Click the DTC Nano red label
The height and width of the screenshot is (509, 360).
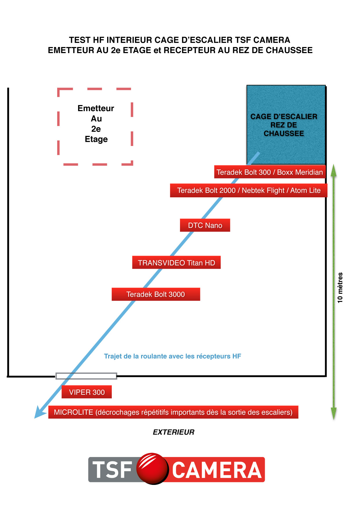point(205,225)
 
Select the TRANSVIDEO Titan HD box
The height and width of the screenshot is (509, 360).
point(176,262)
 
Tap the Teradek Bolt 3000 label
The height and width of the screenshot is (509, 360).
point(156,294)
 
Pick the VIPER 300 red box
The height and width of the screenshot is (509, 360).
point(87,392)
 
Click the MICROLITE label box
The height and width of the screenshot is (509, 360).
point(173,412)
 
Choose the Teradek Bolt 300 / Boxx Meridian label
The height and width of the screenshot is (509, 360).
point(270,172)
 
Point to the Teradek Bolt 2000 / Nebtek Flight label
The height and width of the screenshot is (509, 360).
point(249,190)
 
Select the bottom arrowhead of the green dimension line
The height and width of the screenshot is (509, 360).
point(334,413)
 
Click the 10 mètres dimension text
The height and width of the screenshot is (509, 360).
point(340,288)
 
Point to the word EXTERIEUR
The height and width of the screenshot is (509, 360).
point(174,432)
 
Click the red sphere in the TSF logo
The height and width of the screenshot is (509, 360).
point(153,468)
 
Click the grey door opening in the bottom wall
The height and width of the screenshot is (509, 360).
point(86,376)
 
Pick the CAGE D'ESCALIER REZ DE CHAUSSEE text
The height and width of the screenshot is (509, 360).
point(284,125)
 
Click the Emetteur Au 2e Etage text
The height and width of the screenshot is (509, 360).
point(96,124)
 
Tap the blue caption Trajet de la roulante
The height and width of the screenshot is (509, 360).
point(172,356)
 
